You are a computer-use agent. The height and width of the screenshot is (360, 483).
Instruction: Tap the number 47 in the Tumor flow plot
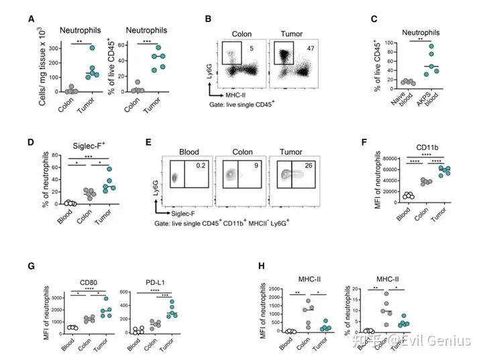click(311, 48)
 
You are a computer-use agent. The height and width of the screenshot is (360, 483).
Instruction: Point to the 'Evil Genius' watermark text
click(443, 342)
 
